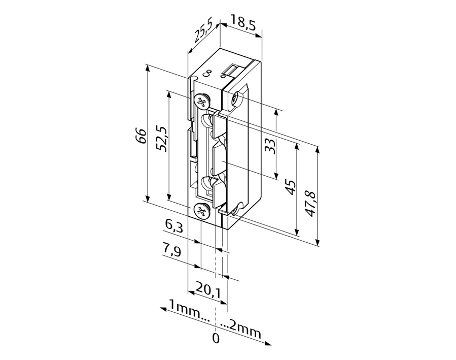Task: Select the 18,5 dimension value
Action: [243, 23]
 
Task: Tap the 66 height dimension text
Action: [141, 136]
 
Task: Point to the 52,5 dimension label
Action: [161, 139]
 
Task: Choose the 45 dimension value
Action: [290, 187]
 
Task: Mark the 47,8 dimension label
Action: [310, 204]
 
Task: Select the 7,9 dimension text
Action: [172, 250]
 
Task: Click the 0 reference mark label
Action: [216, 338]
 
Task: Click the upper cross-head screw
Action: [202, 102]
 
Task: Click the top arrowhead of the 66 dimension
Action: [148, 69]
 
